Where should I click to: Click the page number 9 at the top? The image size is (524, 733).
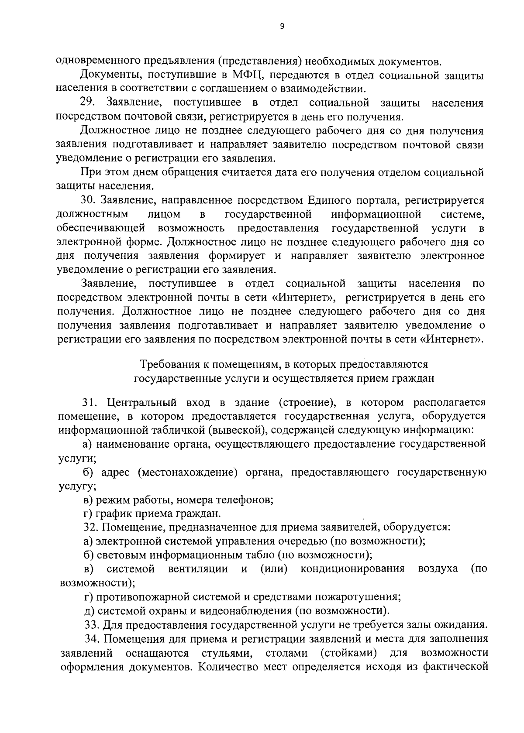pos(282,27)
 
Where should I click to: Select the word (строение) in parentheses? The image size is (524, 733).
pos(305,402)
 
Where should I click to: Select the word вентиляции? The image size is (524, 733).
pos(198,569)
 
